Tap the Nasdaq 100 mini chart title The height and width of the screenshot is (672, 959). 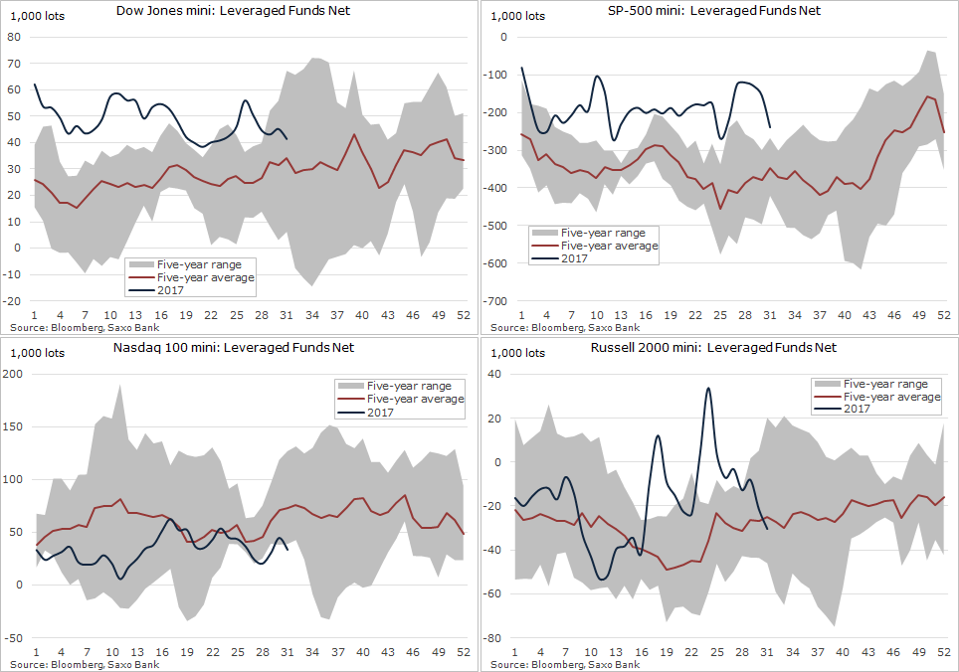[x=234, y=348]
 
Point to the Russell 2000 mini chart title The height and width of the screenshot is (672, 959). [x=713, y=348]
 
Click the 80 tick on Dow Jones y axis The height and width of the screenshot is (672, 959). [x=16, y=37]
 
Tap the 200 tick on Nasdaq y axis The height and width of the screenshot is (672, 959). [x=13, y=374]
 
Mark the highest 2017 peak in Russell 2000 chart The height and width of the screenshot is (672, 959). [x=708, y=389]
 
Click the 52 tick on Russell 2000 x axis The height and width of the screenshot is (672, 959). [x=943, y=652]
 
